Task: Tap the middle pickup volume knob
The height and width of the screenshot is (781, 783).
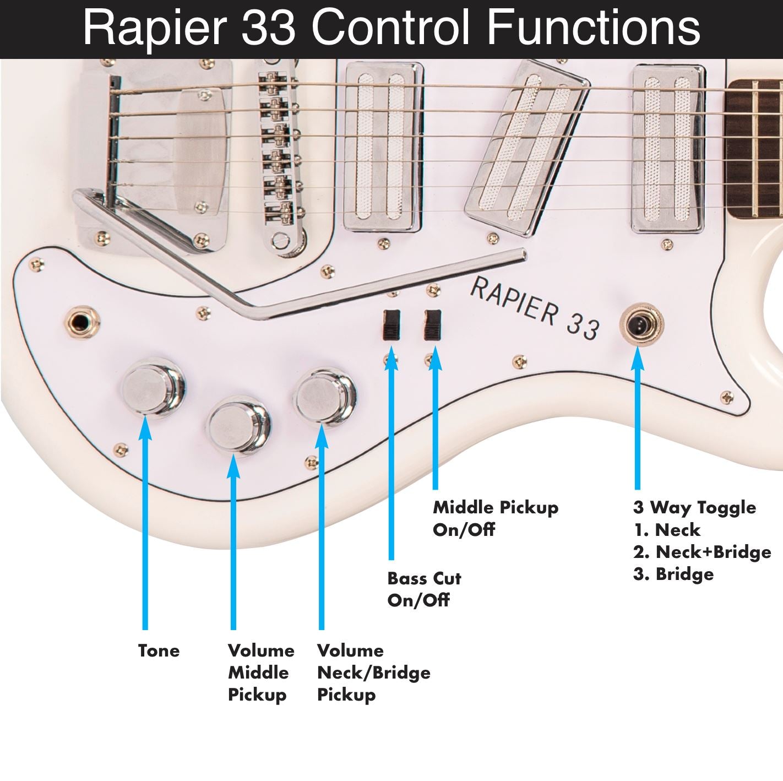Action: click(239, 425)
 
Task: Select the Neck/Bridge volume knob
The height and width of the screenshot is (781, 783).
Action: click(324, 397)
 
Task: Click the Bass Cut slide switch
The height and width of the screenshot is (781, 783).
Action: click(392, 325)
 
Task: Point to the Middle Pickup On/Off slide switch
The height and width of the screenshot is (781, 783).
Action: click(433, 325)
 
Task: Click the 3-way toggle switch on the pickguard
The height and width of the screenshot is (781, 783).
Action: click(641, 324)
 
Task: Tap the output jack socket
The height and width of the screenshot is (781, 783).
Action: click(82, 322)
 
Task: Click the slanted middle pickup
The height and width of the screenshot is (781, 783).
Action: click(527, 148)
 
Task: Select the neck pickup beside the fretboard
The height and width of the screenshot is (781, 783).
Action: click(668, 149)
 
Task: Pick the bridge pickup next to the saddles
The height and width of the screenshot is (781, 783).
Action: click(383, 147)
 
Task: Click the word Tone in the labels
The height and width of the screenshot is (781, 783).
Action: click(159, 651)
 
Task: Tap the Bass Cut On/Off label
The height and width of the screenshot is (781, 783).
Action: click(424, 589)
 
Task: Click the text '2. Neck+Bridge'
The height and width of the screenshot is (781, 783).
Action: click(702, 552)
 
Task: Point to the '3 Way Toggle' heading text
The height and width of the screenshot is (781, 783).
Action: click(694, 507)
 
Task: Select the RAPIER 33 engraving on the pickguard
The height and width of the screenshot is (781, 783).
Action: click(534, 308)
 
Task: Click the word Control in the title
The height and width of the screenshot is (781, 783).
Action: click(390, 27)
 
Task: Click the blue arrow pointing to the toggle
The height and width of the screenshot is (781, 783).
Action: click(638, 418)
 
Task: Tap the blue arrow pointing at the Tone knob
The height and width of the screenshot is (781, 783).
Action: click(145, 522)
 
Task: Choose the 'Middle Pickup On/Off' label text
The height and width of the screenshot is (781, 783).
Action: click(496, 518)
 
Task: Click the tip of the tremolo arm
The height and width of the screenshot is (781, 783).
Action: click(523, 254)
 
